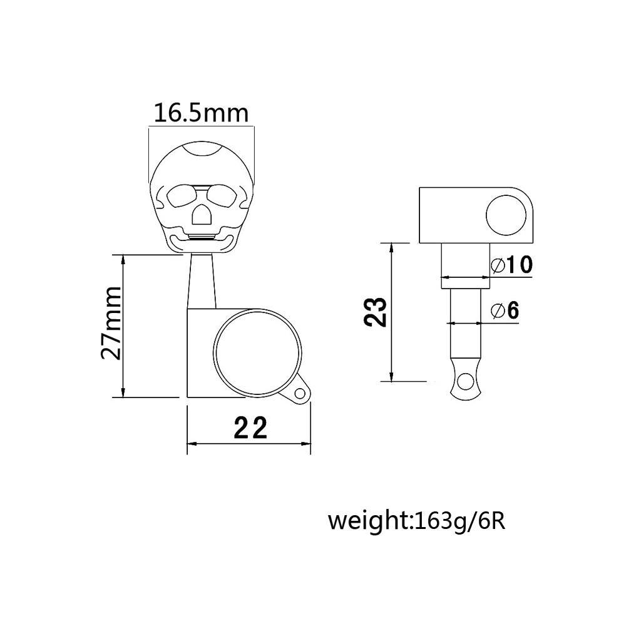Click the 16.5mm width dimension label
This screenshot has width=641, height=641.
point(201,113)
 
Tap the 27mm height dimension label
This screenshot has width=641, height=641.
point(111,323)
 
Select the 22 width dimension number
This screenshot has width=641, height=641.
point(250,427)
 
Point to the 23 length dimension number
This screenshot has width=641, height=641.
point(376,312)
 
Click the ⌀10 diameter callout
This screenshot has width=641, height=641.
point(512,265)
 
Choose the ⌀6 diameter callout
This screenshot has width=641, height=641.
point(505,310)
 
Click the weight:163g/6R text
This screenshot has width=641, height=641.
point(417,522)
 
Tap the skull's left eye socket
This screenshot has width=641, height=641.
point(181,196)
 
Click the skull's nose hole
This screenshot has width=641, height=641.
point(201,215)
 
